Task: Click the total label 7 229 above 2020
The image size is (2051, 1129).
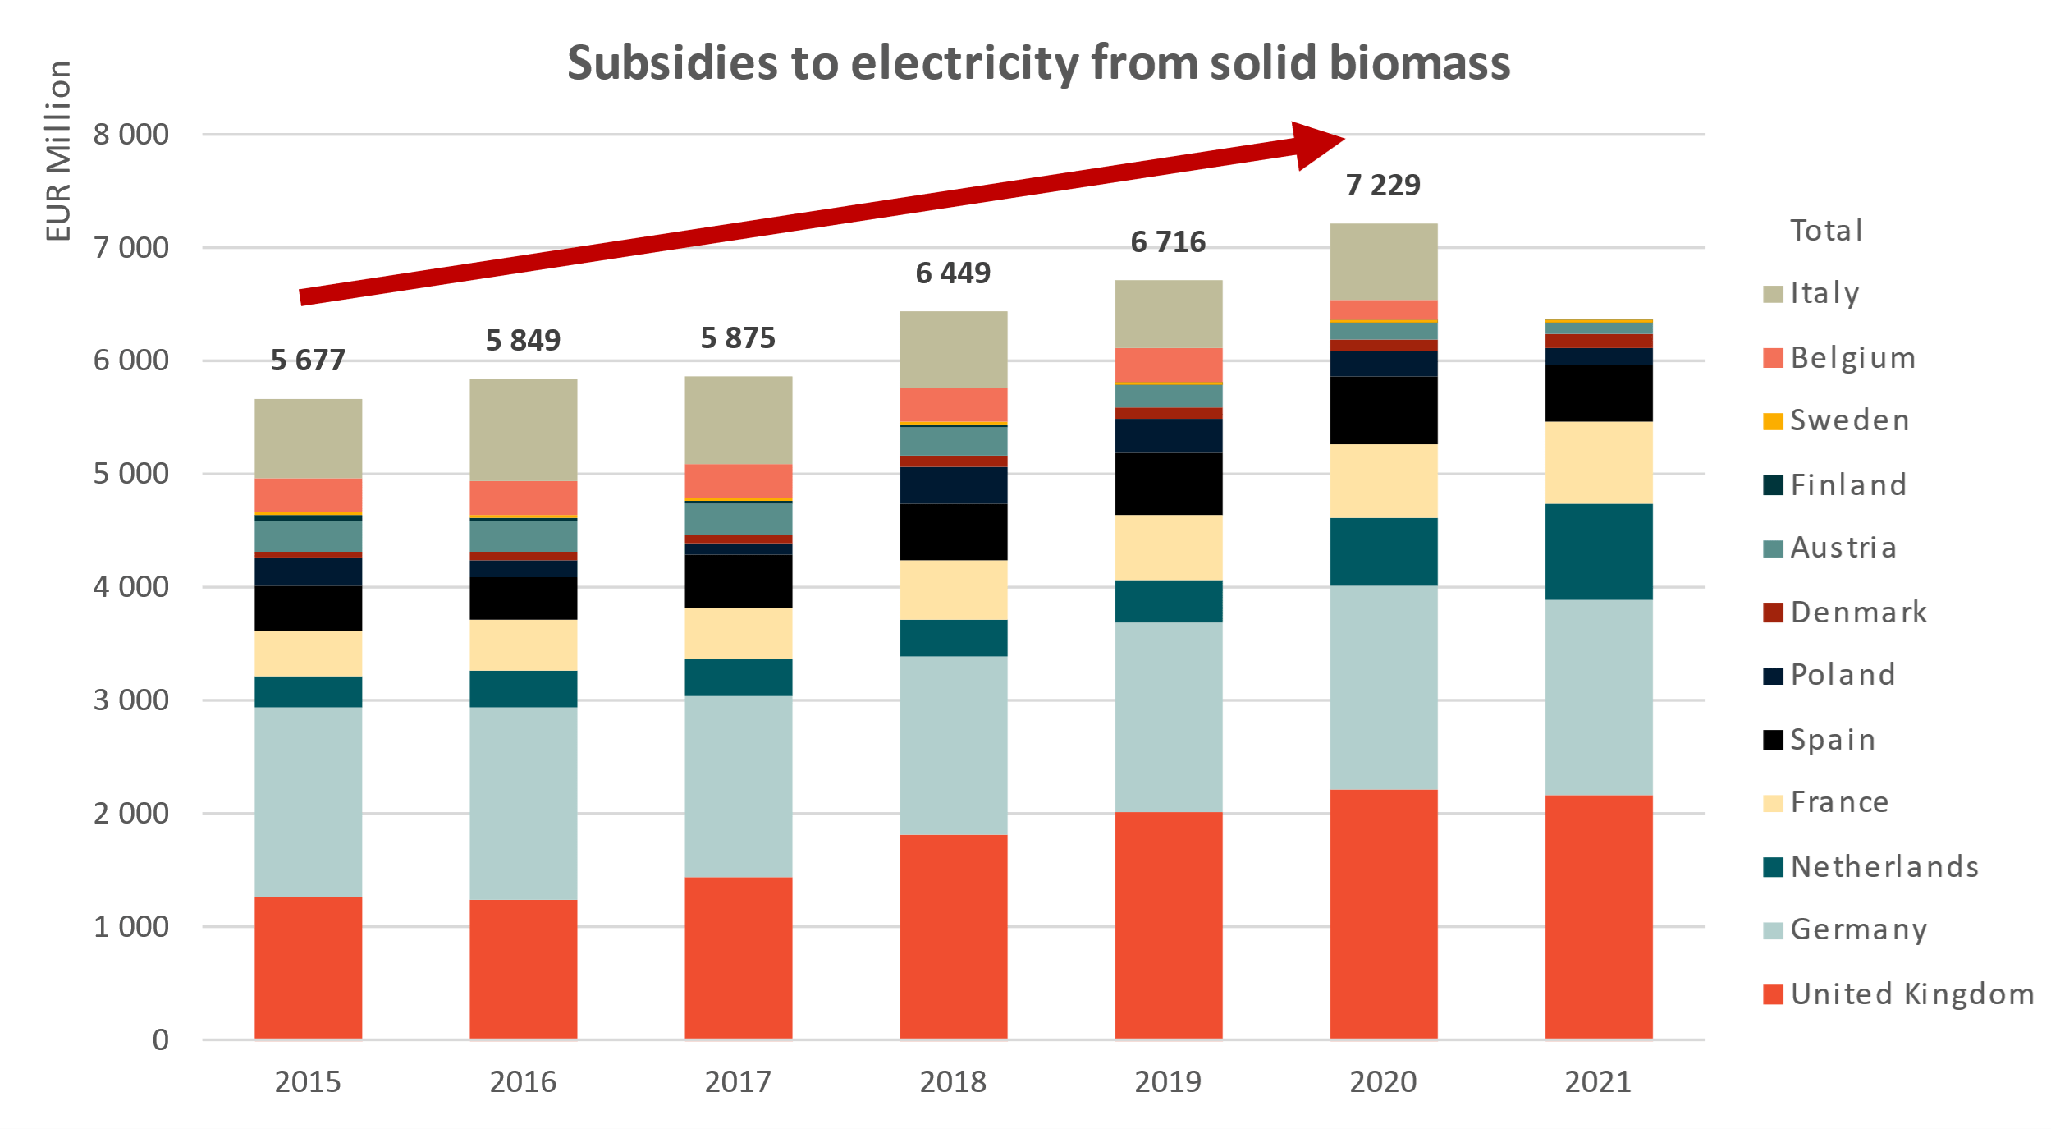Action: pos(1383,186)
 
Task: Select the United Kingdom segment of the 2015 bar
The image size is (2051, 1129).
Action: pos(308,968)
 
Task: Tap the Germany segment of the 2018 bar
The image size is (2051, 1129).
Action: pos(953,746)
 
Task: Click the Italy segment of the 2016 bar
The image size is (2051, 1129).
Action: pos(523,429)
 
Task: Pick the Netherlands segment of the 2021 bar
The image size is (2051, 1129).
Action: pos(1598,552)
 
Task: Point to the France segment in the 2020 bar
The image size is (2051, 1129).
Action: pos(1383,481)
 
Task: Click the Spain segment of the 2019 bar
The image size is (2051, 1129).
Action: pos(1168,484)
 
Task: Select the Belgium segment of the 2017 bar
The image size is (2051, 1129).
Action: pos(738,480)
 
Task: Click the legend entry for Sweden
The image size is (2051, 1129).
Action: pos(1849,421)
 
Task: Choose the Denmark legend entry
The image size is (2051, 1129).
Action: pos(1858,613)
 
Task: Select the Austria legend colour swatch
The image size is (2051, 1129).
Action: pos(1773,548)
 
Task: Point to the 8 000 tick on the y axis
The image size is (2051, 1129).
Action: pos(131,135)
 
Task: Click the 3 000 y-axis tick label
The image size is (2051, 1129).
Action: pos(131,700)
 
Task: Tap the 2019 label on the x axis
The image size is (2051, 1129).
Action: pos(1168,1082)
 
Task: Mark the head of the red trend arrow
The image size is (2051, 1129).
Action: pos(1316,145)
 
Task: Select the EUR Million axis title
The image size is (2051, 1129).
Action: pos(58,151)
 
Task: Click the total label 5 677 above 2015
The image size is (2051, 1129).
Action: pos(308,360)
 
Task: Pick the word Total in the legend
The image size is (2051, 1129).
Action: pos(1826,231)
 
